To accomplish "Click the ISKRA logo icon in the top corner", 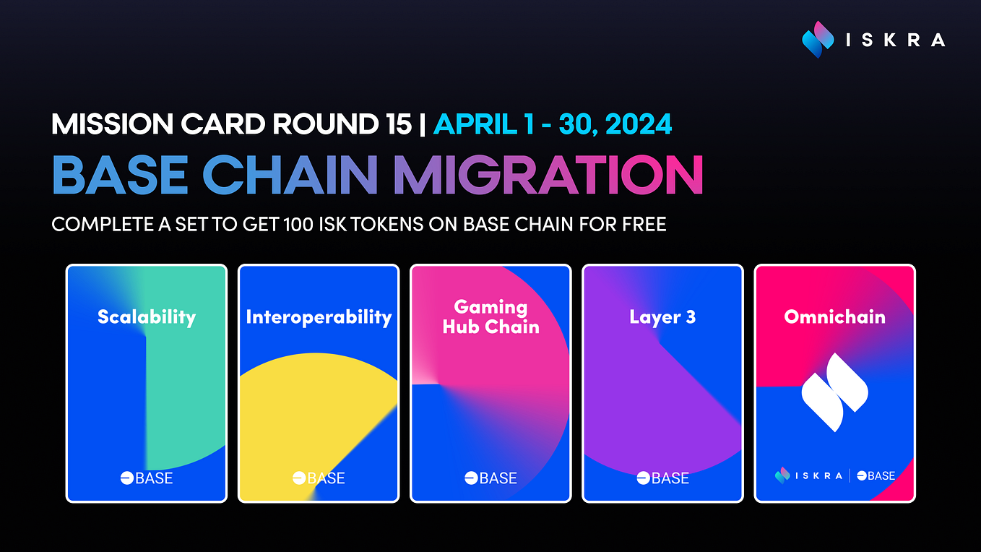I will [x=818, y=40].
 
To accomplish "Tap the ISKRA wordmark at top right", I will [x=895, y=40].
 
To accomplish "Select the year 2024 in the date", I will [x=639, y=124].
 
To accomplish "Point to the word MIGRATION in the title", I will [x=548, y=176].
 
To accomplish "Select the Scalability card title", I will [x=147, y=317].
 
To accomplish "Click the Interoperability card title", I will [x=319, y=317].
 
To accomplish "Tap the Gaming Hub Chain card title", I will [x=490, y=317].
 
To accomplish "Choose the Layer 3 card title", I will [x=662, y=317].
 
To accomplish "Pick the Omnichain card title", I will [x=834, y=317].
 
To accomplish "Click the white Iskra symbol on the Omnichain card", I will [x=834, y=392].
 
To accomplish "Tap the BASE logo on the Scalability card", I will [x=147, y=478].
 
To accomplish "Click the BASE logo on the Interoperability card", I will [x=319, y=478].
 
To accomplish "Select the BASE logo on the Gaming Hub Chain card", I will [x=490, y=478].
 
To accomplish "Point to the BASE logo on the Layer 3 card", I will [x=662, y=478].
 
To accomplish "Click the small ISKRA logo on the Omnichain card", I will [x=808, y=475].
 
